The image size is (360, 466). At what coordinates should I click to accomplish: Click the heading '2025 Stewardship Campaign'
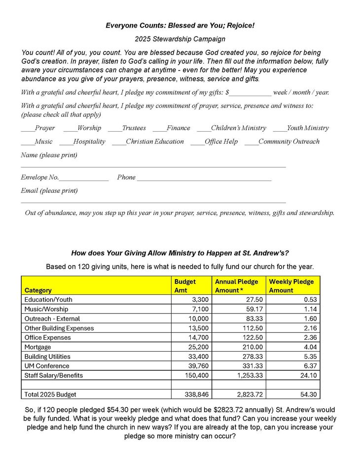pos(180,39)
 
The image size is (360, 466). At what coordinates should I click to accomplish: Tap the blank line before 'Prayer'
pos(28,130)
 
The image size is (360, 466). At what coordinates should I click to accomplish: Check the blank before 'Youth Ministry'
pos(280,130)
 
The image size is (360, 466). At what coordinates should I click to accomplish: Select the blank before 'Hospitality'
pos(66,143)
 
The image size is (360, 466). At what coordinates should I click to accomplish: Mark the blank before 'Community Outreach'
pos(252,143)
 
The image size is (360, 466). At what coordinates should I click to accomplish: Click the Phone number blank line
pos(204,179)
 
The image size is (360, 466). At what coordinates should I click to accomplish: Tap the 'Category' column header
pos(38,290)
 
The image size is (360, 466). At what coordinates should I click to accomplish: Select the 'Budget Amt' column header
pos(185,286)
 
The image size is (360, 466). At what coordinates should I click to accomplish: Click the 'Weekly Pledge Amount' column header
pos(291,286)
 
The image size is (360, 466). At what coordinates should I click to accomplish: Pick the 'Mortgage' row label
pos(37,347)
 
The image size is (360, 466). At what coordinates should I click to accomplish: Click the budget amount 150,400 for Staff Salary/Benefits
pos(197,375)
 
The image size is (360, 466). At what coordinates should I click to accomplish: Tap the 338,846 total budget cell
pos(197,394)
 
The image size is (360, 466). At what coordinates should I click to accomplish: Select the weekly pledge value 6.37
pos(309,366)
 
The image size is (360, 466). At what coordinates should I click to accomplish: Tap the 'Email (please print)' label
pos(49,191)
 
